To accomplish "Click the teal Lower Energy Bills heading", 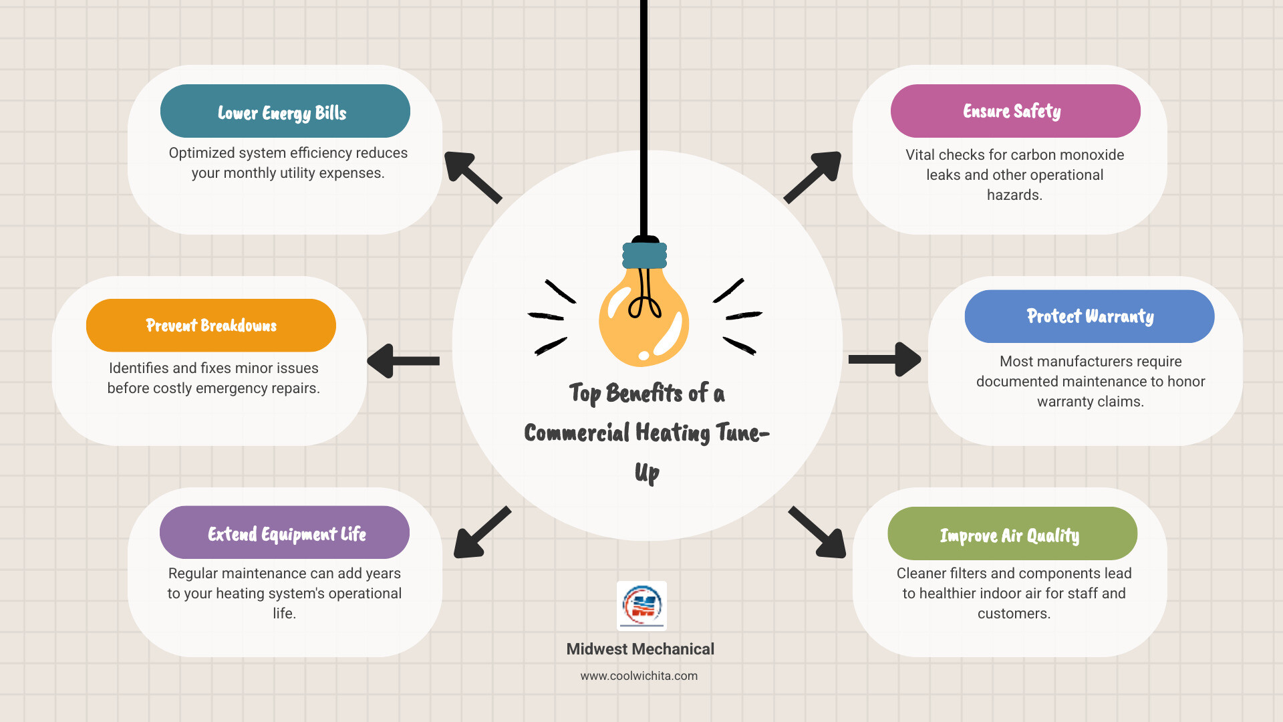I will tap(285, 111).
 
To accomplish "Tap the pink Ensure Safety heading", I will tap(1015, 111).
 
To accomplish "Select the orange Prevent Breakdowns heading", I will tap(211, 326).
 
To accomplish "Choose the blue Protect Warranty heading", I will tap(1089, 316).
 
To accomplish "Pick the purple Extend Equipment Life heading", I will tap(285, 533).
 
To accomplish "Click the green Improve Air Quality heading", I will tap(1012, 534).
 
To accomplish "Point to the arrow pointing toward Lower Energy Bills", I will tap(472, 176).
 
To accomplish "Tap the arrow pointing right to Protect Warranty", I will tap(884, 360).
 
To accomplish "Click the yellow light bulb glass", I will tap(643, 321).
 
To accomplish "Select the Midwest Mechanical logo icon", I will tap(641, 606).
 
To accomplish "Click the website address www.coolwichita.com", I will tap(639, 676).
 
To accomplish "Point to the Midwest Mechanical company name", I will tap(640, 649).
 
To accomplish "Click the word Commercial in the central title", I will tap(577, 433).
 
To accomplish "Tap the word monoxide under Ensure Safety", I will tap(1092, 155).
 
